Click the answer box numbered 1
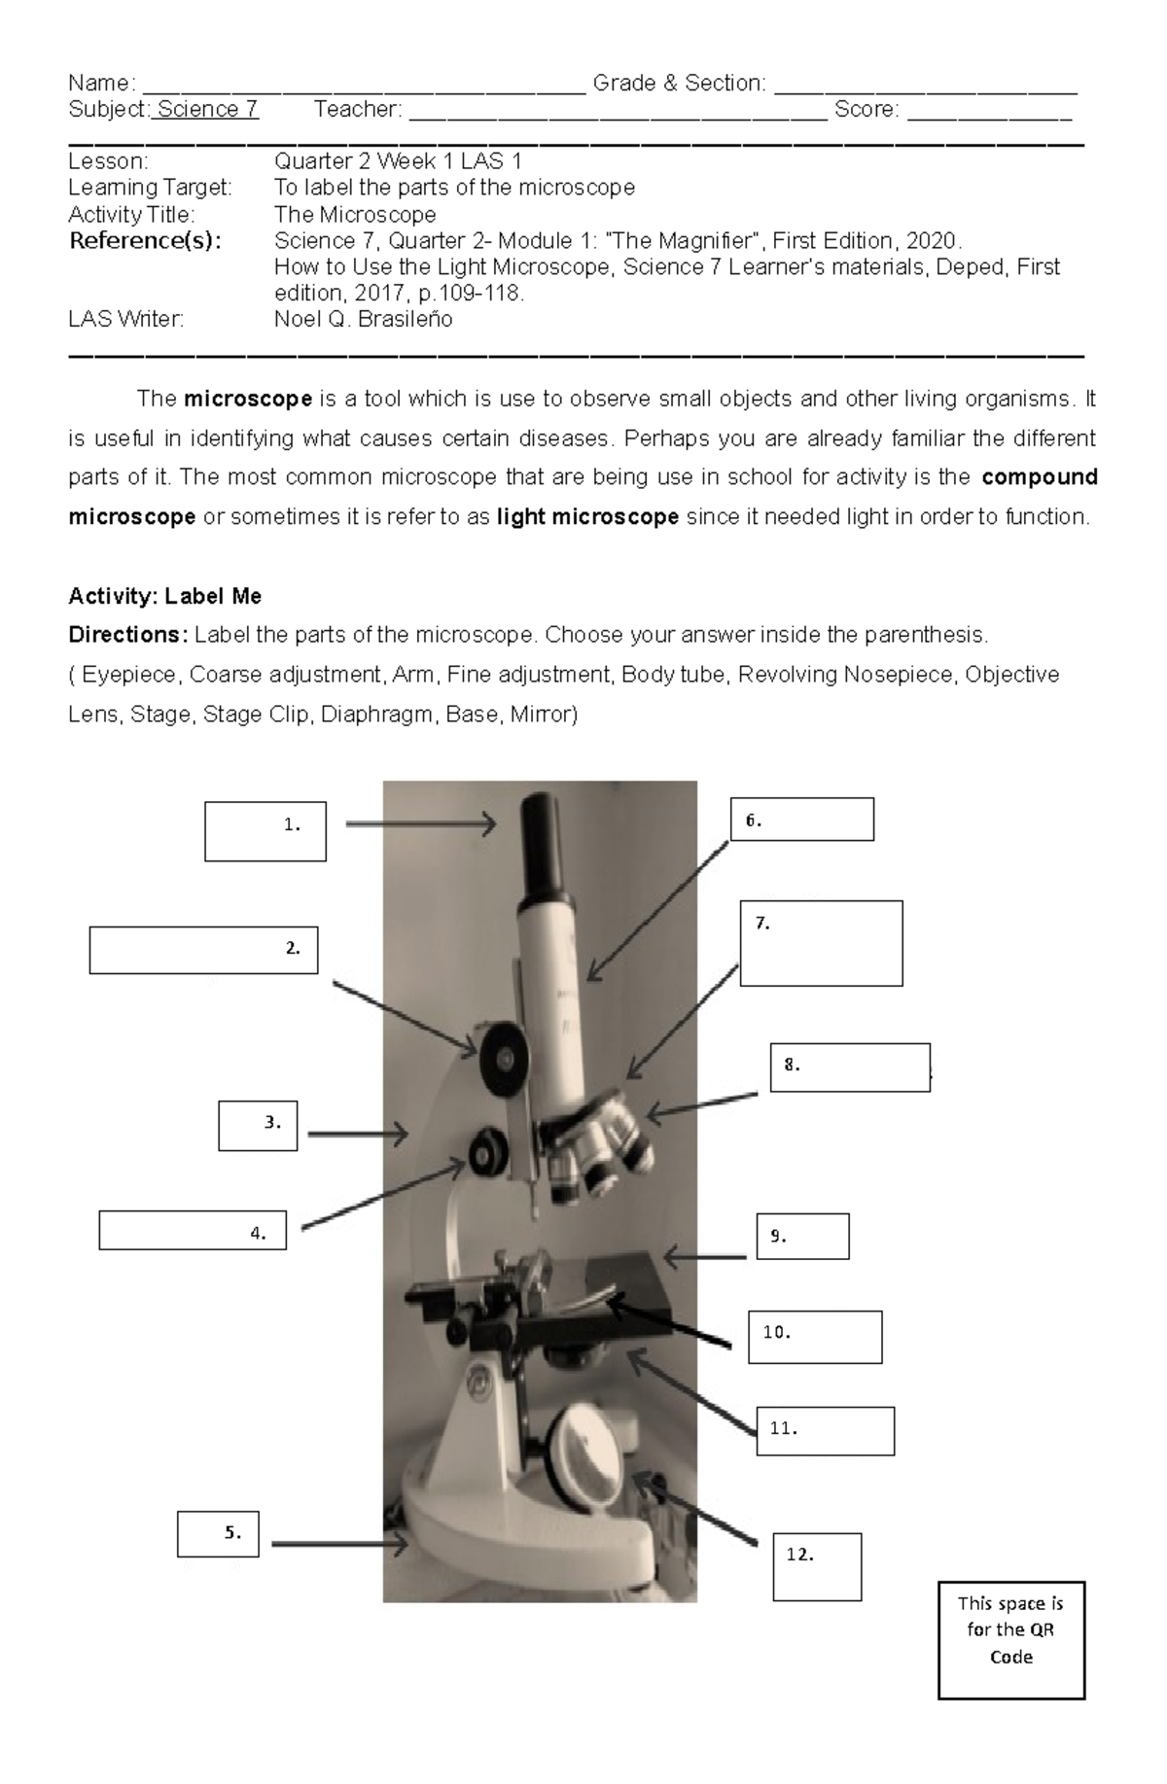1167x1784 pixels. coord(265,831)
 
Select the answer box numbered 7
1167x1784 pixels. coord(821,943)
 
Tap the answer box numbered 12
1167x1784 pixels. coord(817,1566)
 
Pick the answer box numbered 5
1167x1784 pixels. coord(218,1533)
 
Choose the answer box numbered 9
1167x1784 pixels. coord(802,1236)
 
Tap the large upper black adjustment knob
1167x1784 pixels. coord(503,1055)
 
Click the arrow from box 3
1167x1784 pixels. coord(357,1134)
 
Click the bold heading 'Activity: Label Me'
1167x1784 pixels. coord(164,596)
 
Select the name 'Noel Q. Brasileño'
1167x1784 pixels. coord(363,319)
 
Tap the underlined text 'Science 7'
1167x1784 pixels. coord(207,109)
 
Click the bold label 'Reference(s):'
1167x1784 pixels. coord(145,240)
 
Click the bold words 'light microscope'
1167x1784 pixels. coord(587,516)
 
